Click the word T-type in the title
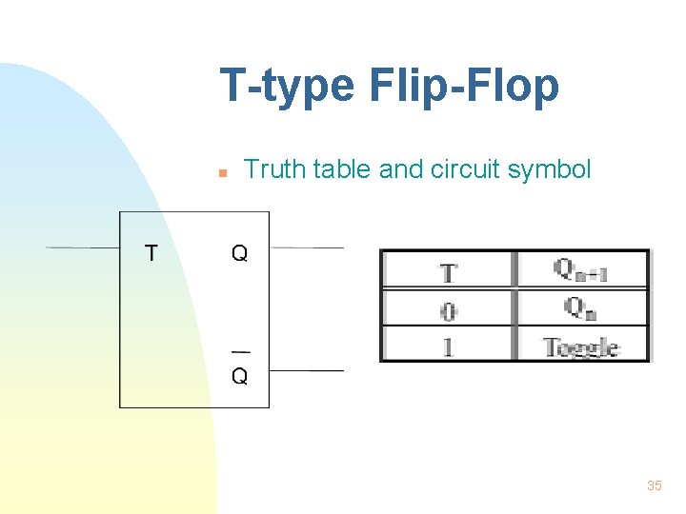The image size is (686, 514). point(284,87)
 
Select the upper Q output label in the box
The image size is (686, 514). point(239,253)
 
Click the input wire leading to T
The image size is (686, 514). point(84,247)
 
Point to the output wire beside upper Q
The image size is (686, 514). point(307,247)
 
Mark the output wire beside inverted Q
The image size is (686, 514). point(307,370)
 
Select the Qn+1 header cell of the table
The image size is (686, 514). point(581,271)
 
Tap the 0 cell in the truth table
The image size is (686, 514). point(448,310)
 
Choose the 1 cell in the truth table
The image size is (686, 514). point(448,346)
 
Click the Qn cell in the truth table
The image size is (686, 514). point(581,308)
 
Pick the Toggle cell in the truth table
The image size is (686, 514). point(581,346)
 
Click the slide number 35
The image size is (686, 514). point(654,485)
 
